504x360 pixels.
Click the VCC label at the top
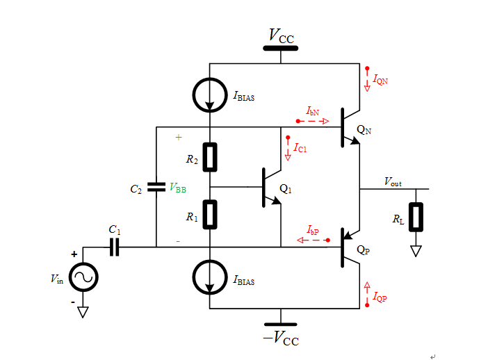pyautogui.click(x=281, y=35)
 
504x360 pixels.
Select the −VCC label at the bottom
pyautogui.click(x=281, y=338)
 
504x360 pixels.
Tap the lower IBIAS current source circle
pyautogui.click(x=210, y=278)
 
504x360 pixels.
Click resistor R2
pyautogui.click(x=210, y=157)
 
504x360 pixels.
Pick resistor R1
pyautogui.click(x=210, y=214)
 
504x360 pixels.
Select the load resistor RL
pyautogui.click(x=416, y=217)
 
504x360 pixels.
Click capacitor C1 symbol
pyautogui.click(x=115, y=247)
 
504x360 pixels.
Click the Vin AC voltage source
pyautogui.click(x=83, y=278)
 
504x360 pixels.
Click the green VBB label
pyautogui.click(x=177, y=188)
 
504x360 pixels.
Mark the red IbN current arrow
pyautogui.click(x=314, y=121)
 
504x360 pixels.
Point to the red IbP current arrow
pyautogui.click(x=313, y=240)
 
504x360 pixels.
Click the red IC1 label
pyautogui.click(x=300, y=148)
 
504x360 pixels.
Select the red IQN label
pyautogui.click(x=380, y=81)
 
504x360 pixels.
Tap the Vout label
pyautogui.click(x=393, y=181)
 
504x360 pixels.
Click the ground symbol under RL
pyautogui.click(x=416, y=251)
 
